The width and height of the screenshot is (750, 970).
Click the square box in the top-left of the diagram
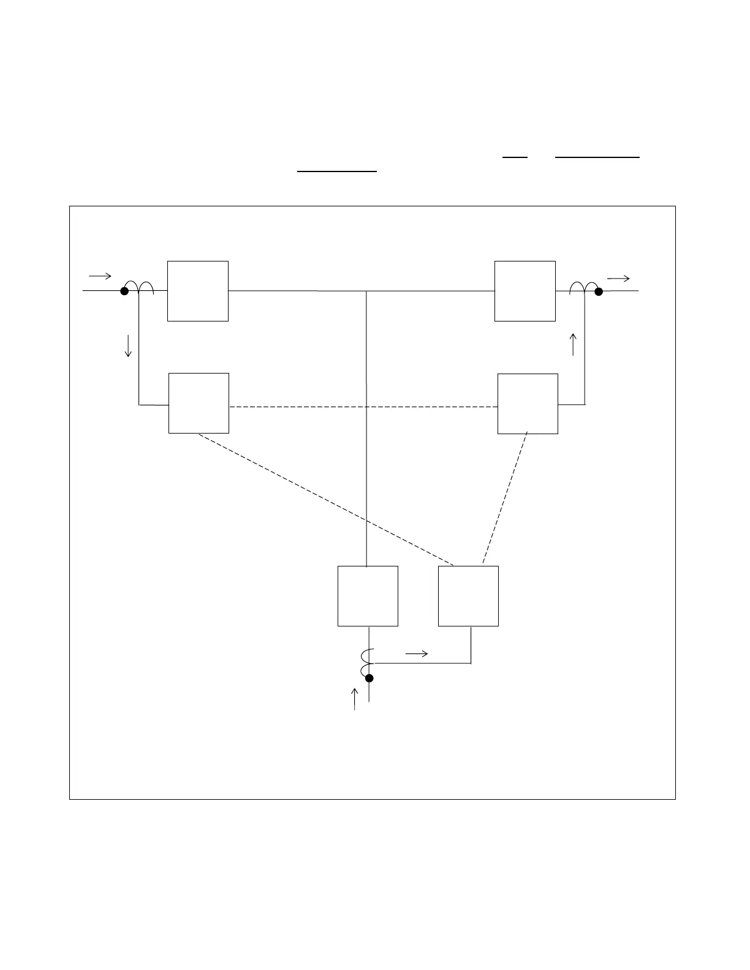198,291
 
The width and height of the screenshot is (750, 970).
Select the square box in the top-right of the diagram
525,291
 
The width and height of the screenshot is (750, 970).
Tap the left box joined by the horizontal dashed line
199,403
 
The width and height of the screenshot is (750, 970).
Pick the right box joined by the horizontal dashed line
528,404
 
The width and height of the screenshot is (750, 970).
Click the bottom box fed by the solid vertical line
368,596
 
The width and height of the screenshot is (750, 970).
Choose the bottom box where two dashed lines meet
468,596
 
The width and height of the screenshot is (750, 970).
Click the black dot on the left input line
124,291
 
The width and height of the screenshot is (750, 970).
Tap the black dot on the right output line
599,291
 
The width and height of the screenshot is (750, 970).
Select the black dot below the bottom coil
369,678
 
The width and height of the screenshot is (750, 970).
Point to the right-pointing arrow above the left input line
100,276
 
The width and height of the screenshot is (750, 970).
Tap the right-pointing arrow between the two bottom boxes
417,654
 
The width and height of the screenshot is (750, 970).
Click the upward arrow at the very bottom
354,699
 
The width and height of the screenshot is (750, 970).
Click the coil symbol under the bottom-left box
367,660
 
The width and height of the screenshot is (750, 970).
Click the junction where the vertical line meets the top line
366,291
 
